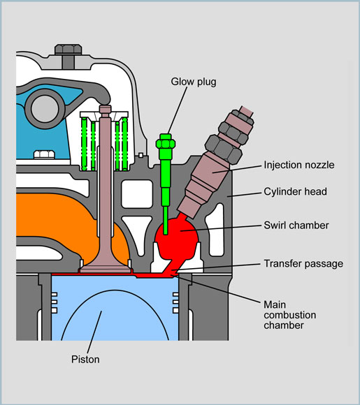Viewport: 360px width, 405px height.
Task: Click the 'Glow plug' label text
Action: click(194, 82)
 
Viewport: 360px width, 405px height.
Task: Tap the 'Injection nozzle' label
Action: click(299, 165)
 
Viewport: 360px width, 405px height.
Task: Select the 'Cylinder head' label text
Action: click(295, 191)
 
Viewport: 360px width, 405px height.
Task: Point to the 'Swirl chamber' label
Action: click(296, 226)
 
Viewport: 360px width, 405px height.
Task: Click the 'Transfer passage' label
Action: click(303, 264)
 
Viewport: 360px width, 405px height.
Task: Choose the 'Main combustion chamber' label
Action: click(289, 315)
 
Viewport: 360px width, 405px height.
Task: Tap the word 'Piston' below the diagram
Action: click(85, 360)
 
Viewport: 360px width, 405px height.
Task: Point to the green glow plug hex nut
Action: click(166, 144)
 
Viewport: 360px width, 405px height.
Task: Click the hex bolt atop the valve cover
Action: click(69, 50)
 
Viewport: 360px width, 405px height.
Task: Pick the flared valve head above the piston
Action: click(106, 267)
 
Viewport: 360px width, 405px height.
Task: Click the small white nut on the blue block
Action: click(44, 154)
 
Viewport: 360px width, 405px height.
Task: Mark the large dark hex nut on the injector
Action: click(224, 149)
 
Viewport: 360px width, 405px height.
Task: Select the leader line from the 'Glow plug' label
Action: click(178, 110)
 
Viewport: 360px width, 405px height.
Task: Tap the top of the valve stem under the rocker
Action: click(106, 109)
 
